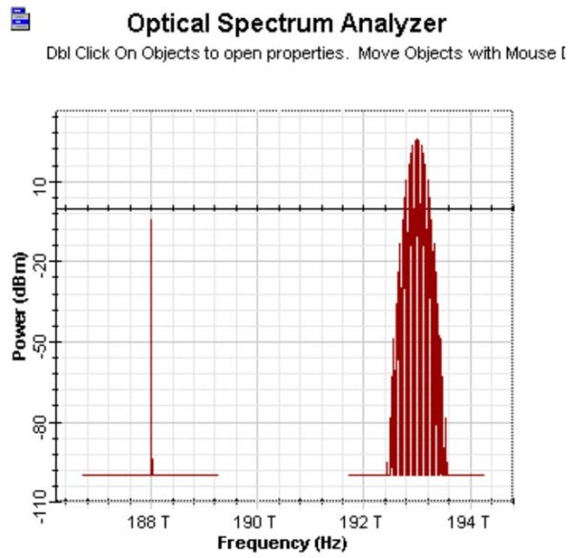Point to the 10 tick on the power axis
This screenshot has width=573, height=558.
[x=41, y=182]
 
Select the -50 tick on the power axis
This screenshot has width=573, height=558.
[x=41, y=341]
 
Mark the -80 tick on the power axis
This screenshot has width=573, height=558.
[x=41, y=421]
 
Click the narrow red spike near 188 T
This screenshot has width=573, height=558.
[x=151, y=344]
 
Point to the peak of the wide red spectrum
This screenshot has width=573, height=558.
[x=416, y=141]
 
